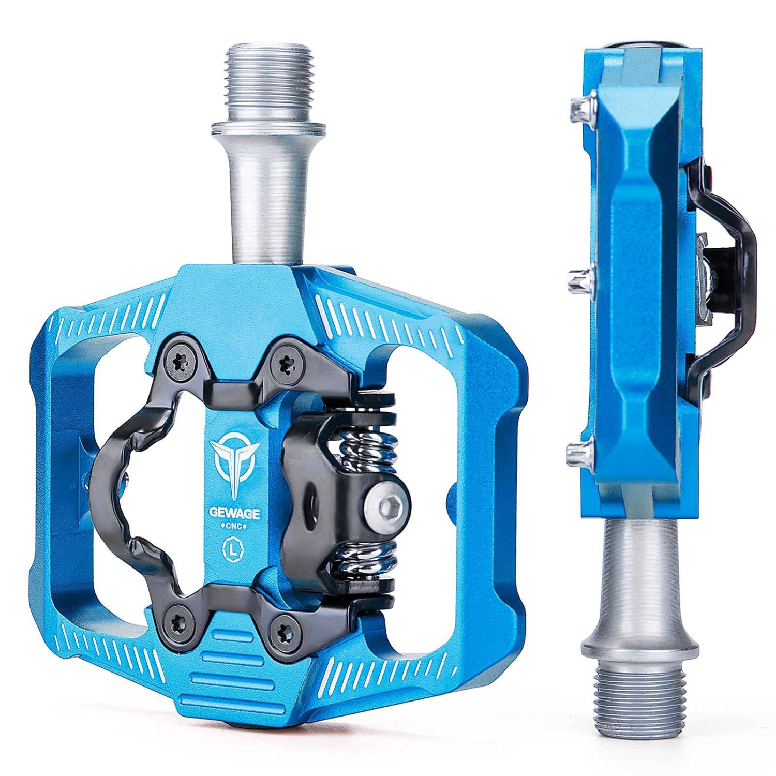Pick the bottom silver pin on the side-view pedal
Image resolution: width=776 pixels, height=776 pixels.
pos(578,454)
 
